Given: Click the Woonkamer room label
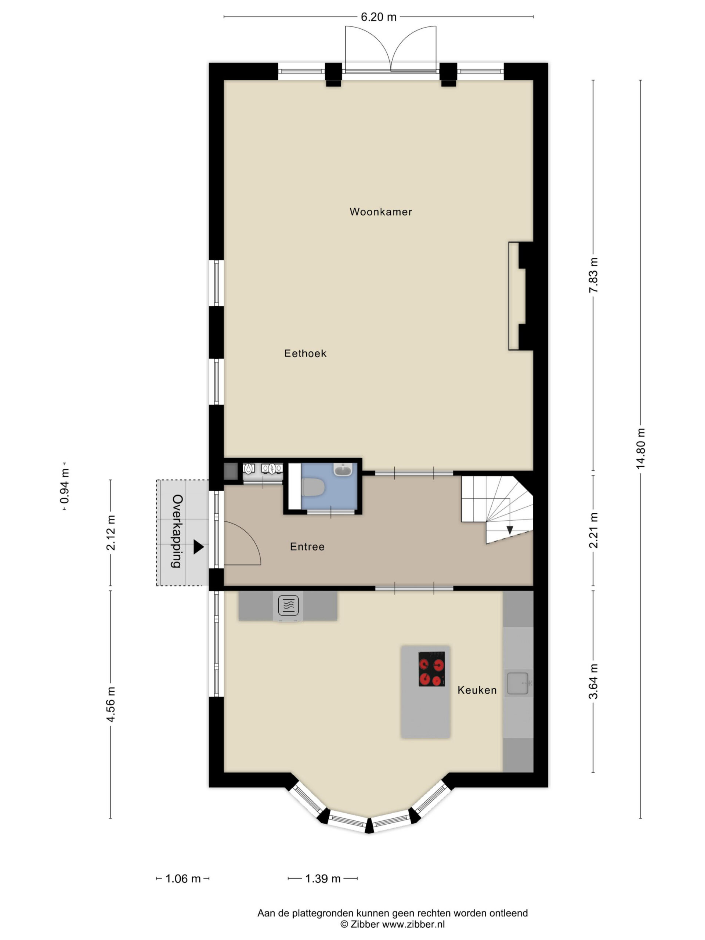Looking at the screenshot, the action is (380, 211).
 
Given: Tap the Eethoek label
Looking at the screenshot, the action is (305, 353).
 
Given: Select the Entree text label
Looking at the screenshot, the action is (307, 546).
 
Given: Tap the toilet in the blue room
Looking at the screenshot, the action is (313, 487).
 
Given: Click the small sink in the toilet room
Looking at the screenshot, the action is (343, 470).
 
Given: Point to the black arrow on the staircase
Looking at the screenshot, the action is (510, 530).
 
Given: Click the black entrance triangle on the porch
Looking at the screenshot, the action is (198, 547).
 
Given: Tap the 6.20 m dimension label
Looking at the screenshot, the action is (378, 17).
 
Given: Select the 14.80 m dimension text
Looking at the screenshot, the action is (641, 448).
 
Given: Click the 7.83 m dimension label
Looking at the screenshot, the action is (593, 275).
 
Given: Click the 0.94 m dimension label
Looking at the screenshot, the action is (65, 486).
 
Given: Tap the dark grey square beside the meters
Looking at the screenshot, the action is (230, 471).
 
